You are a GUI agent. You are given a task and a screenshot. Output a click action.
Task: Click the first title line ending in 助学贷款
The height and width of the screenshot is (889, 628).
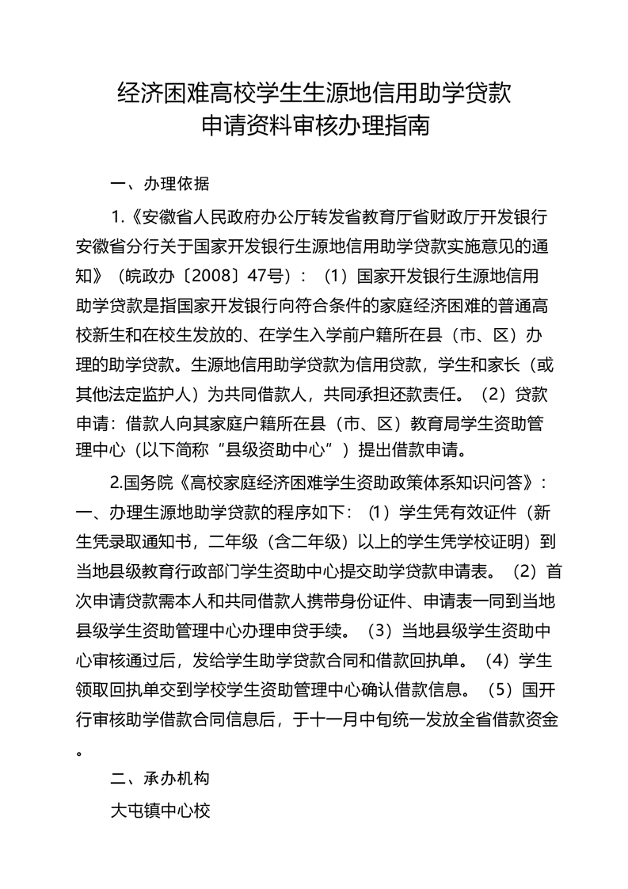(x=314, y=93)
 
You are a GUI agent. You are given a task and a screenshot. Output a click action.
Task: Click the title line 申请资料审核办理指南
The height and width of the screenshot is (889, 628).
(x=314, y=125)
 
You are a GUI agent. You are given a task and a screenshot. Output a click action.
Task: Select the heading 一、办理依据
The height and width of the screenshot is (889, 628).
(x=159, y=185)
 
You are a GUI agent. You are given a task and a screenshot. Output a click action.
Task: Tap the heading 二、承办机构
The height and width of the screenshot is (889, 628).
(x=159, y=778)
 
